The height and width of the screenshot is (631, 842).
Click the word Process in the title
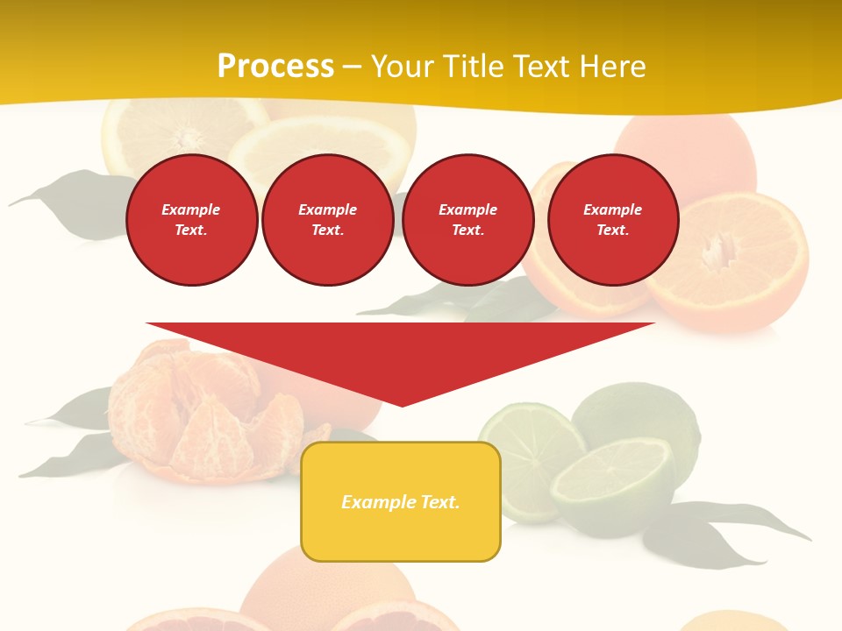point(275,67)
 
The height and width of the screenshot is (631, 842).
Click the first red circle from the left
point(192,220)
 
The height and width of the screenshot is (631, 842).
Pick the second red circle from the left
point(328,220)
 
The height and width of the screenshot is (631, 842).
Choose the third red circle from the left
point(468,220)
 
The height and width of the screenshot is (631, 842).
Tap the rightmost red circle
point(613,220)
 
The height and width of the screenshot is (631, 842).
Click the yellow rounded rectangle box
point(401,501)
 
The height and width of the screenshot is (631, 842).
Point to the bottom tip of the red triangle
point(402,405)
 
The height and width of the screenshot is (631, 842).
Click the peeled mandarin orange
point(202,412)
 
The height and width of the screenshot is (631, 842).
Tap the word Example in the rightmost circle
point(613,209)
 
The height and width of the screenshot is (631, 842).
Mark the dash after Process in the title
point(352,67)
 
